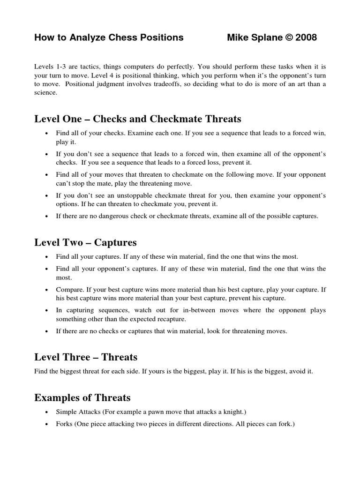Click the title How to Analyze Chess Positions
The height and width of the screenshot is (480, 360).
tap(109, 37)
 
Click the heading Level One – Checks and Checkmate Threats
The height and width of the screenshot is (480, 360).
tap(137, 119)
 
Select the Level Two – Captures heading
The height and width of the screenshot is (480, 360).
tap(85, 242)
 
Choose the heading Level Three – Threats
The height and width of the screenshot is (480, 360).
tap(86, 357)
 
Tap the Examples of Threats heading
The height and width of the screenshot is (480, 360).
tap(82, 398)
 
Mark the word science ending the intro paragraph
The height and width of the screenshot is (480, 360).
tap(45, 92)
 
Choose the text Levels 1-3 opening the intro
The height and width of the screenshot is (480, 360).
tap(51, 67)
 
